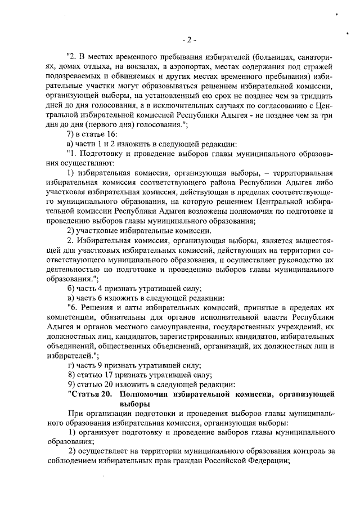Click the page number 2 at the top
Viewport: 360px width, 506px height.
click(x=190, y=39)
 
